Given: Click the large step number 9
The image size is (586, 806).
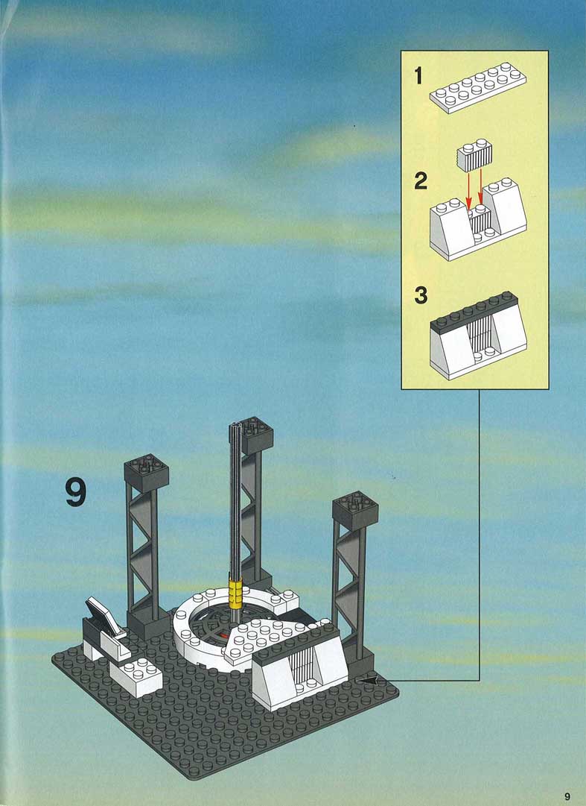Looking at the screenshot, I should [x=76, y=493].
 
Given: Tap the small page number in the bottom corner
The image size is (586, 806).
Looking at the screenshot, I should [x=567, y=796].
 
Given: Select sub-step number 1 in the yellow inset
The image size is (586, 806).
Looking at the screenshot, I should [x=418, y=76].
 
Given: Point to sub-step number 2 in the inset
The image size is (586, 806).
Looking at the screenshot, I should [x=421, y=180].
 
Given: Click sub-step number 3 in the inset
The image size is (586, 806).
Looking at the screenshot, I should [x=421, y=295].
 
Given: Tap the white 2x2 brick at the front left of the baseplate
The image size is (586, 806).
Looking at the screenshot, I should [x=136, y=676].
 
